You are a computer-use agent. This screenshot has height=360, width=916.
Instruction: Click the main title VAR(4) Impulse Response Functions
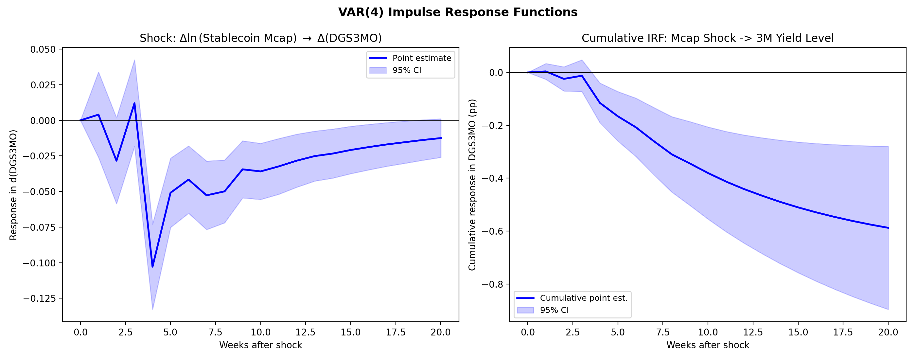point(458,12)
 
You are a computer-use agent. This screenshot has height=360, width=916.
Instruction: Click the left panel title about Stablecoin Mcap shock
point(261,38)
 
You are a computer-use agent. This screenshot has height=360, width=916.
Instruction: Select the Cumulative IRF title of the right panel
point(707,38)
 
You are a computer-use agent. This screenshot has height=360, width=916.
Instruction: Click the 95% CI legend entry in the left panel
point(406,70)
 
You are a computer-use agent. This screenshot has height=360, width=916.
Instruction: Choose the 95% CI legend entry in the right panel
point(554,310)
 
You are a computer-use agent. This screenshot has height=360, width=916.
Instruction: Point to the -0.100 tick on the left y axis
point(40,263)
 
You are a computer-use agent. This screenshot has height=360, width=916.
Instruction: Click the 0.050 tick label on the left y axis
point(43,49)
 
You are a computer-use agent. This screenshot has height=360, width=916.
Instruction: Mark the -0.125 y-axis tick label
point(40,298)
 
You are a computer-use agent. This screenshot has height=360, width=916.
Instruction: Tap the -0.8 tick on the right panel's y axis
point(492,284)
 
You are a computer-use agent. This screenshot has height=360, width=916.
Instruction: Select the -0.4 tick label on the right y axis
point(492,178)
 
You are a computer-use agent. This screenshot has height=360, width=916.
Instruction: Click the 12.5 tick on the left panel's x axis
point(306,332)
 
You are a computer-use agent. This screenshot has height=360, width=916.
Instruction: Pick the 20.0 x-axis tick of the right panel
point(888,332)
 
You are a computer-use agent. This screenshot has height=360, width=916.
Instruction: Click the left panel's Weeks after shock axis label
point(261,345)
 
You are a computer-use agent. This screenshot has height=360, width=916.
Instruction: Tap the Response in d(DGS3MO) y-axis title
point(13,185)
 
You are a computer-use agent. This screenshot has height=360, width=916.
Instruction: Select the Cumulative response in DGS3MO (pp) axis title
point(472,185)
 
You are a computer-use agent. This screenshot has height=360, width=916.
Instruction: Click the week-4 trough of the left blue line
point(152,266)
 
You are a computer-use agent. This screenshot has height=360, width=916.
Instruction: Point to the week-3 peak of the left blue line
point(134,103)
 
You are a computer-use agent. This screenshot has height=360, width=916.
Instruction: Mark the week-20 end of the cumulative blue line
point(888,228)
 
